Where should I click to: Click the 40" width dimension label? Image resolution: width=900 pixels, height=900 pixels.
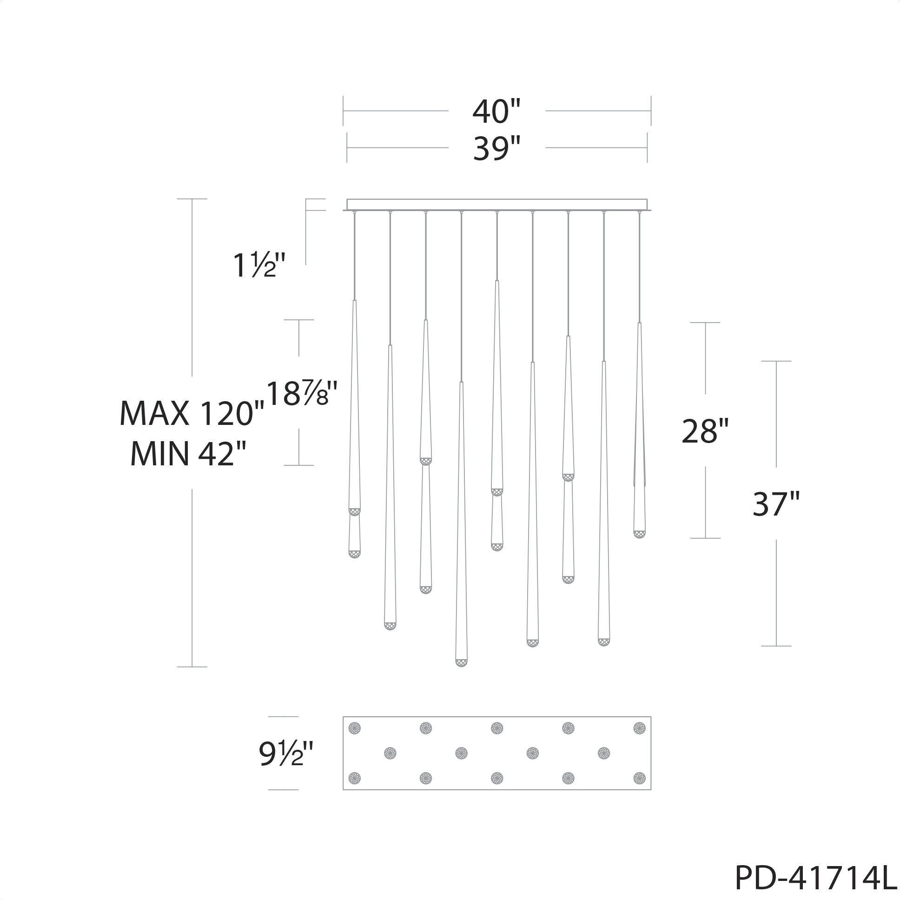click(496, 112)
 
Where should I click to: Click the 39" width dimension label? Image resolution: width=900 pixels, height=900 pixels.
click(496, 149)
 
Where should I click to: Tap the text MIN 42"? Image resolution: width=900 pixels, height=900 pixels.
click(188, 454)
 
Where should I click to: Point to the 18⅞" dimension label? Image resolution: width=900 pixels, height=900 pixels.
click(301, 394)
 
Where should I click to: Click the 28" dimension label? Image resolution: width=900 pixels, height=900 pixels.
click(704, 431)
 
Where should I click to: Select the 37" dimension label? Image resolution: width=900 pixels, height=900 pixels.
click(775, 504)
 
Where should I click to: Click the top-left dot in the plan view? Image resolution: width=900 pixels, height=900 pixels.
click(355, 728)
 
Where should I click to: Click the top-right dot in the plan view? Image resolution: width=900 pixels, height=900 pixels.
click(639, 728)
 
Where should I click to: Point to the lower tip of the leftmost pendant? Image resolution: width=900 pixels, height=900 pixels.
click(355, 554)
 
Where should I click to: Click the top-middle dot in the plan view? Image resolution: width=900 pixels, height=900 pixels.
click(497, 728)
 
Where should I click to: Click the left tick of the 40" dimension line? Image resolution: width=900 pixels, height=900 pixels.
click(344, 111)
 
